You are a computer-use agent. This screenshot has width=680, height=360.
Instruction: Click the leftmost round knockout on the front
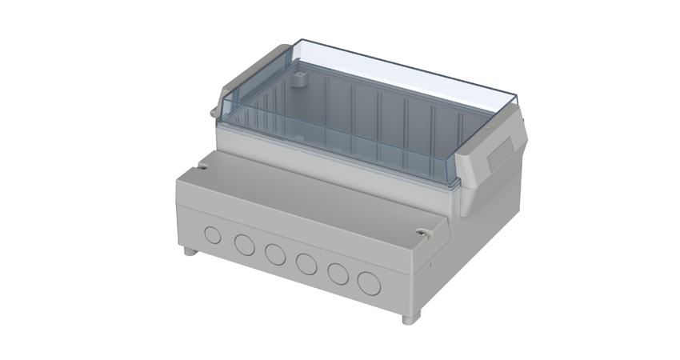pyautogui.click(x=213, y=235)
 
